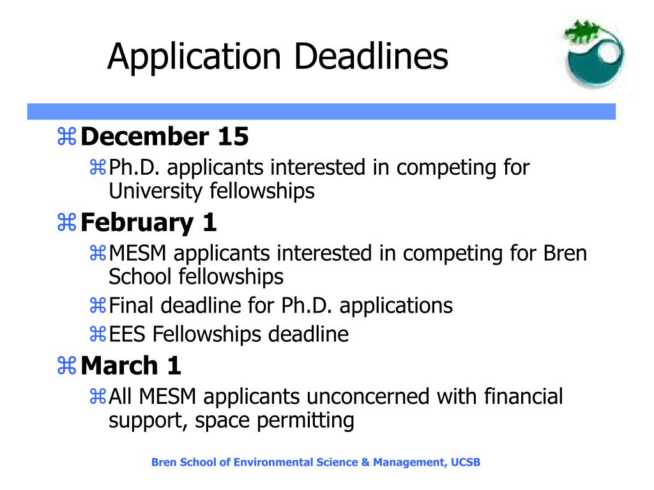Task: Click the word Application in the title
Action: [x=194, y=57]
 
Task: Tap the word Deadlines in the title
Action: [x=371, y=56]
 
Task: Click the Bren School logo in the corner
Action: [x=593, y=53]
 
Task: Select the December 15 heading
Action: [x=165, y=137]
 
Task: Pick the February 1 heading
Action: [x=148, y=223]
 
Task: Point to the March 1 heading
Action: [x=131, y=366]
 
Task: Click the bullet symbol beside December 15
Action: [x=66, y=137]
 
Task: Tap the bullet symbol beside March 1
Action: [x=66, y=366]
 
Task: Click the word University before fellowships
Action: [x=155, y=191]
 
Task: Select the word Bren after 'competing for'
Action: [x=565, y=253]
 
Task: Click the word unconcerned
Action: [x=367, y=396]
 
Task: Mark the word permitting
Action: [x=305, y=420]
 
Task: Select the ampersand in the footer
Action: [x=365, y=462]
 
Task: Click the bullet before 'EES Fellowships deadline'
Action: [x=98, y=334]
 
